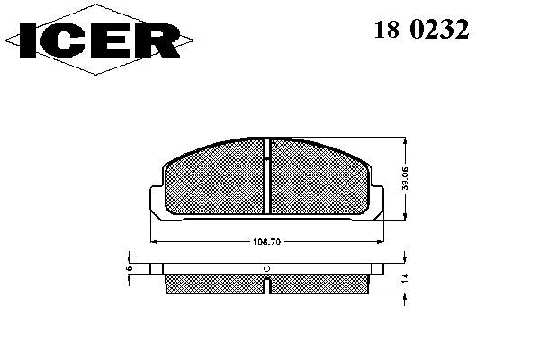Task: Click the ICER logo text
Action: click(100, 40)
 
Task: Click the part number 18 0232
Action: click(421, 29)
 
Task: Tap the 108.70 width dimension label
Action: click(267, 242)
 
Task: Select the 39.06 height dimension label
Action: click(405, 178)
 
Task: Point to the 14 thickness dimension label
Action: click(405, 278)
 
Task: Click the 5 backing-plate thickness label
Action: click(129, 268)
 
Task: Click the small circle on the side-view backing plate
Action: click(266, 269)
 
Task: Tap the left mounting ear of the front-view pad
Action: click(157, 202)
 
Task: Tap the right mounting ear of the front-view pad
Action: click(377, 202)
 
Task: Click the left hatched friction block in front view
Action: click(215, 178)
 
